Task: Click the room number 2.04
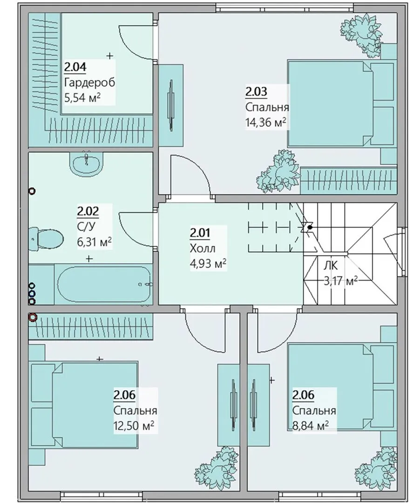click(x=75, y=68)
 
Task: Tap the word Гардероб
click(x=89, y=83)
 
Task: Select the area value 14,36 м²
click(x=265, y=122)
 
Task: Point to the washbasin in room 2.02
click(x=86, y=163)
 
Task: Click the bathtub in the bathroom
click(x=104, y=284)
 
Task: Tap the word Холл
click(x=203, y=248)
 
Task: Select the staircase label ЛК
click(x=330, y=265)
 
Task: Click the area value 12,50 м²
click(x=134, y=426)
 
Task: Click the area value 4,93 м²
click(x=208, y=264)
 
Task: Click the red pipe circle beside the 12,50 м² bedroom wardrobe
click(x=33, y=318)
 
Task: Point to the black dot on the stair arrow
click(x=310, y=227)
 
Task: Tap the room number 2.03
click(x=256, y=92)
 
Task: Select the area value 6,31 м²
click(x=94, y=241)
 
